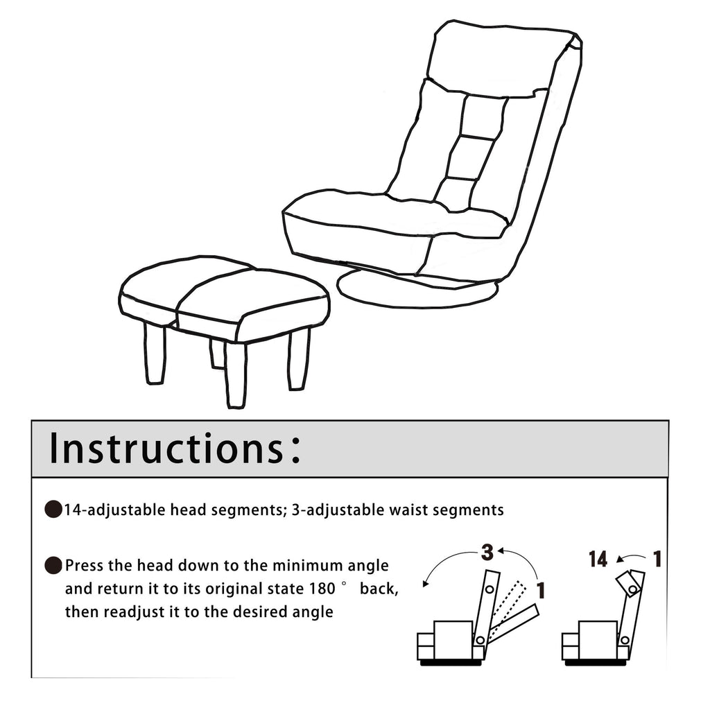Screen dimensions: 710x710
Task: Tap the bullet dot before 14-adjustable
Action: click(x=53, y=510)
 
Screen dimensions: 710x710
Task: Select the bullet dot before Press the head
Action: click(x=53, y=565)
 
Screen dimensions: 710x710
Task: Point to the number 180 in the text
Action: click(x=322, y=589)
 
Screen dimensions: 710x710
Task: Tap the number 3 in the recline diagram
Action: click(x=487, y=553)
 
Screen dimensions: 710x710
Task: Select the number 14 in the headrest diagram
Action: click(x=598, y=560)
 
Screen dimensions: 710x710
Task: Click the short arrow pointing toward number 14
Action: click(x=630, y=558)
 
